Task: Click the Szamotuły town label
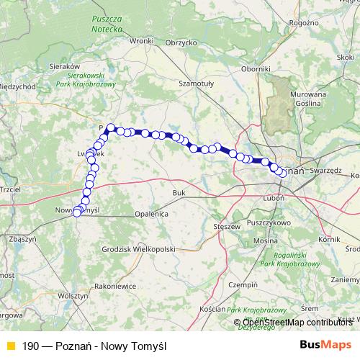[x=197, y=84]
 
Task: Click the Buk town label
[x=180, y=194]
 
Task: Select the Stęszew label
[x=227, y=226]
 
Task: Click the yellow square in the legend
[x=9, y=345]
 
